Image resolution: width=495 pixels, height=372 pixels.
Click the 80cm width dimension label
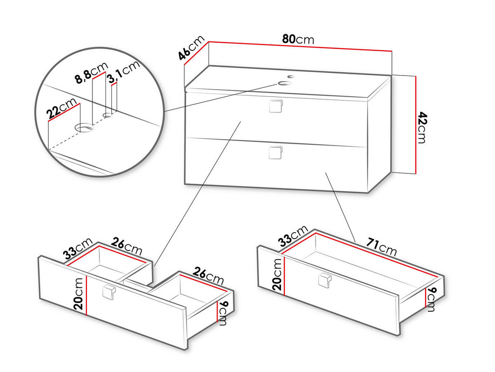[x=298, y=40]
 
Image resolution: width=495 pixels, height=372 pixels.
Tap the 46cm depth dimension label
[x=191, y=48]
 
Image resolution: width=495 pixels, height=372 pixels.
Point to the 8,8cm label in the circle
[x=91, y=73]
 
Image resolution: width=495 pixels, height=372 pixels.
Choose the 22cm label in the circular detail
[x=61, y=108]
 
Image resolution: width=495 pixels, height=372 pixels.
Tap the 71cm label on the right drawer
[x=381, y=247]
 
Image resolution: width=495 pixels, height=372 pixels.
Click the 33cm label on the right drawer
[x=293, y=236]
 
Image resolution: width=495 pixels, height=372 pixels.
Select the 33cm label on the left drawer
[x=78, y=248]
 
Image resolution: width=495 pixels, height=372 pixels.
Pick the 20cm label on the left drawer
[x=78, y=294]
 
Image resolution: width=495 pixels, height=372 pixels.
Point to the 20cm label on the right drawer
[x=277, y=275]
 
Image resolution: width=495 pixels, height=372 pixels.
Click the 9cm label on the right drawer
[x=431, y=299]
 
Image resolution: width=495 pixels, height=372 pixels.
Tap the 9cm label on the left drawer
[x=222, y=313]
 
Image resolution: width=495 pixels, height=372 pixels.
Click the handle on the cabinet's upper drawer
[x=276, y=106]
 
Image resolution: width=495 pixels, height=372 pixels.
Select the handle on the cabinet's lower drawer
[x=276, y=153]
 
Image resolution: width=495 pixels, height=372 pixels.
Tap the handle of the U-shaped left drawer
[x=109, y=293]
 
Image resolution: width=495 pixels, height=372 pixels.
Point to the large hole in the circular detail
[x=84, y=128]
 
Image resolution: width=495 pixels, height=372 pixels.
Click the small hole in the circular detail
[x=108, y=115]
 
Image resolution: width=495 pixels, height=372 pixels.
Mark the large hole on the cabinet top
[x=285, y=83]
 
